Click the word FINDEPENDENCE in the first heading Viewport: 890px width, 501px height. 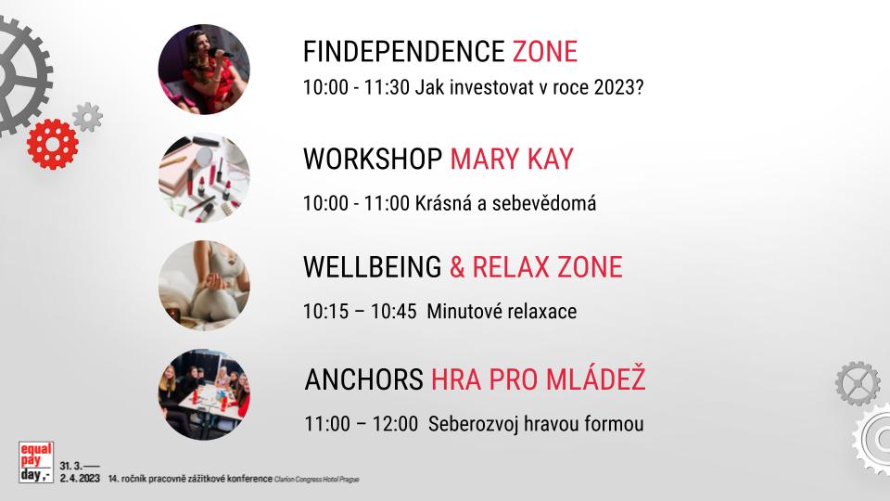pyautogui.click(x=403, y=52)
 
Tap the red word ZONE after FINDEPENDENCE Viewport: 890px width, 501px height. pyautogui.click(x=545, y=52)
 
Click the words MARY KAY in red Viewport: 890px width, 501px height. pyautogui.click(x=512, y=159)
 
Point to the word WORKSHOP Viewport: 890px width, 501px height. pyautogui.click(x=373, y=159)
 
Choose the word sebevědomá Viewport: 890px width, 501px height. pyautogui.click(x=544, y=203)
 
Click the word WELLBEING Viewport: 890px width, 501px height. pyautogui.click(x=373, y=267)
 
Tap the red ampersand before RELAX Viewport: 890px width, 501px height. pyautogui.click(x=457, y=267)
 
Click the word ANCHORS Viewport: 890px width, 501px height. pyautogui.click(x=363, y=379)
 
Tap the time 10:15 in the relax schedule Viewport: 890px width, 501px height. pyautogui.click(x=325, y=312)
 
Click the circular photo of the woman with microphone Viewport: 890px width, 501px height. pyautogui.click(x=204, y=70)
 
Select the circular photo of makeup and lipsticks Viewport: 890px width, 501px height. pyautogui.click(x=204, y=177)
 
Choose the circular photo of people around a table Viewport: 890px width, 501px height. pyautogui.click(x=204, y=394)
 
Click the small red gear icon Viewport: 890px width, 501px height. pyautogui.click(x=52, y=145)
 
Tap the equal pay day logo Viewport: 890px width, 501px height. pyautogui.click(x=36, y=462)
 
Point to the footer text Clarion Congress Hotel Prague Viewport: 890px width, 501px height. pyautogui.click(x=317, y=480)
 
